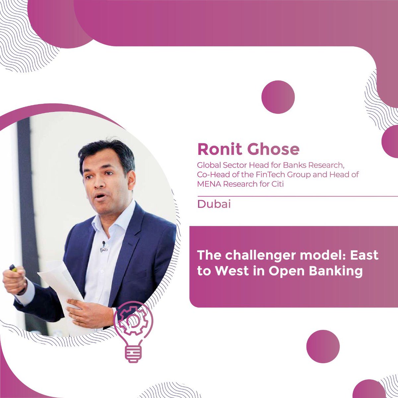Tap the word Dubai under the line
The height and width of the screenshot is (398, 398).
click(x=214, y=204)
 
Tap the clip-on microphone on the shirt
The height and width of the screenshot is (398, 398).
click(x=103, y=245)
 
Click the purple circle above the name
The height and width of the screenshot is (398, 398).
click(x=278, y=97)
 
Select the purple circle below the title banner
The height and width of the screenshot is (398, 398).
click(x=323, y=346)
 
